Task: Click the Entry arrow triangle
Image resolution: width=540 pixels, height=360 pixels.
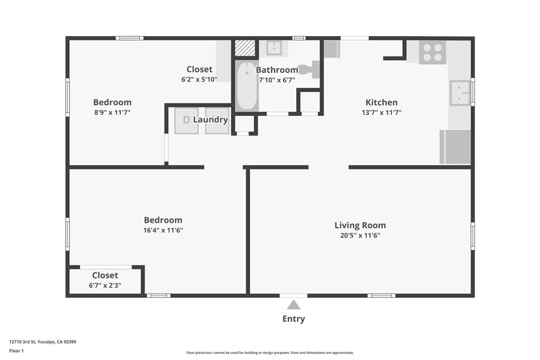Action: pos(293,305)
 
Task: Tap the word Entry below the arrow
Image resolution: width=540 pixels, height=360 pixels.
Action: pos(293,319)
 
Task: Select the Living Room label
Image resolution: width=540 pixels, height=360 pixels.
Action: pos(360,226)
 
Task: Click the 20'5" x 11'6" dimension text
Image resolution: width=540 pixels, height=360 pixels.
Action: pos(360,236)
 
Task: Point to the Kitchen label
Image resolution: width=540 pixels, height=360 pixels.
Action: pos(382,102)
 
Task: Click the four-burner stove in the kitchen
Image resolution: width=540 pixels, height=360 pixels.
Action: pos(432,52)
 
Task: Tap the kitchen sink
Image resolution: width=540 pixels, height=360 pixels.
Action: pos(460,93)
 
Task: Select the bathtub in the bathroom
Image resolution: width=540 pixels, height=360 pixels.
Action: pos(247,86)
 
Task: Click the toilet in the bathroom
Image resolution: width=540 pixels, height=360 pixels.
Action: pos(309,69)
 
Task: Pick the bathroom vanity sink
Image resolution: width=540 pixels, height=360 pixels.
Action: pos(274,48)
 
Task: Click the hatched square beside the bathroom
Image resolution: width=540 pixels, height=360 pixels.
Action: pos(245,48)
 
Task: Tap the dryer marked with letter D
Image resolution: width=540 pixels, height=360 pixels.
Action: pos(186,121)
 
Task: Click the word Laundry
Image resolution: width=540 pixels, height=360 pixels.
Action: pos(210,120)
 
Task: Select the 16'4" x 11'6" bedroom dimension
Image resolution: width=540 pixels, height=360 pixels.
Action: pos(163,230)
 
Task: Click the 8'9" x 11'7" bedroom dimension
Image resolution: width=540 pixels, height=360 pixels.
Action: pos(112,113)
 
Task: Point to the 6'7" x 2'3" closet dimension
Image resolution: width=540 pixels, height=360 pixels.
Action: pos(105,285)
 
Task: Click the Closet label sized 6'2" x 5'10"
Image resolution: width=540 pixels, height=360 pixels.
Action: pos(199,69)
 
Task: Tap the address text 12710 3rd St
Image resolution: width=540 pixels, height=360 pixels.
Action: pos(22,342)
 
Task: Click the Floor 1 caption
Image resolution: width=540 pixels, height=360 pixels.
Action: pos(16,351)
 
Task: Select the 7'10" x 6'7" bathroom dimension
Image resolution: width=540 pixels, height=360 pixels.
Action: pos(277,80)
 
